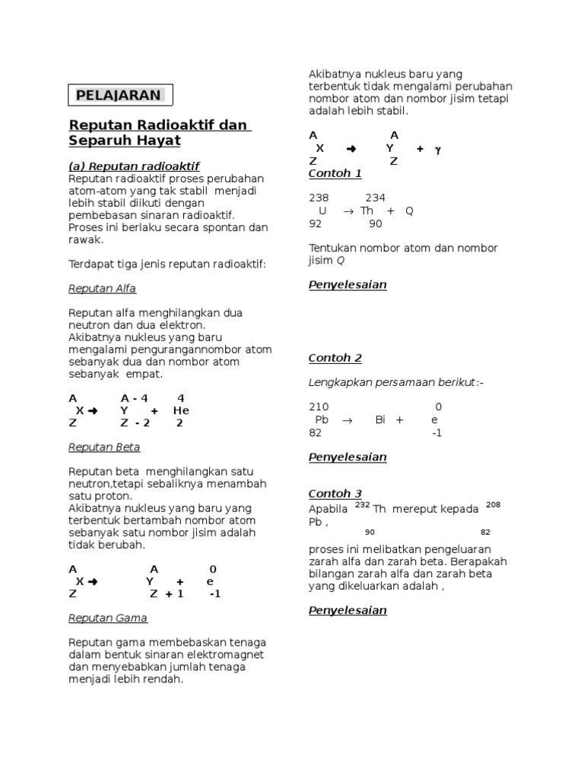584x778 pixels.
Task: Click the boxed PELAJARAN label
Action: [120, 95]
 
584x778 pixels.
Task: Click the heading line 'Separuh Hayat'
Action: [125, 141]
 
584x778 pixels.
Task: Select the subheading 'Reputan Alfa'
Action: [102, 289]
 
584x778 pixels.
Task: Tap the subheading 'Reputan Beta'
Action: [104, 447]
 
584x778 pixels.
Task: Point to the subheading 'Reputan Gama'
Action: [107, 618]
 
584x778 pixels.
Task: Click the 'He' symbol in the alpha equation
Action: [181, 410]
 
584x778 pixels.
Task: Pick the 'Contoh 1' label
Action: [335, 173]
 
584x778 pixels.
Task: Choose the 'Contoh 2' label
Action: [335, 358]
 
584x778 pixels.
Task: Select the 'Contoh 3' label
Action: [335, 493]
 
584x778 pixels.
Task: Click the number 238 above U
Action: [319, 198]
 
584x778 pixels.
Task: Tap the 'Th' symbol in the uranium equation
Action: [367, 210]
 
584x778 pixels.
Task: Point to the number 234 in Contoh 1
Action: [376, 198]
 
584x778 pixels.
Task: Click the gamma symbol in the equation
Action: [437, 149]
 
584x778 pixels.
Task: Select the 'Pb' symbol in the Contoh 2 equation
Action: [322, 419]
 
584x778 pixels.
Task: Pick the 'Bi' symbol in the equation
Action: [381, 419]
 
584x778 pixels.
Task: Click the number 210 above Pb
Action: [319, 406]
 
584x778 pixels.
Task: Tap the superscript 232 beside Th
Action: [362, 504]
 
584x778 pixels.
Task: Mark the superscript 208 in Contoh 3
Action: [492, 504]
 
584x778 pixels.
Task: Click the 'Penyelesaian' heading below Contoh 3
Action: [348, 610]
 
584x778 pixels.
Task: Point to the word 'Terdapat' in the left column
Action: [90, 264]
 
